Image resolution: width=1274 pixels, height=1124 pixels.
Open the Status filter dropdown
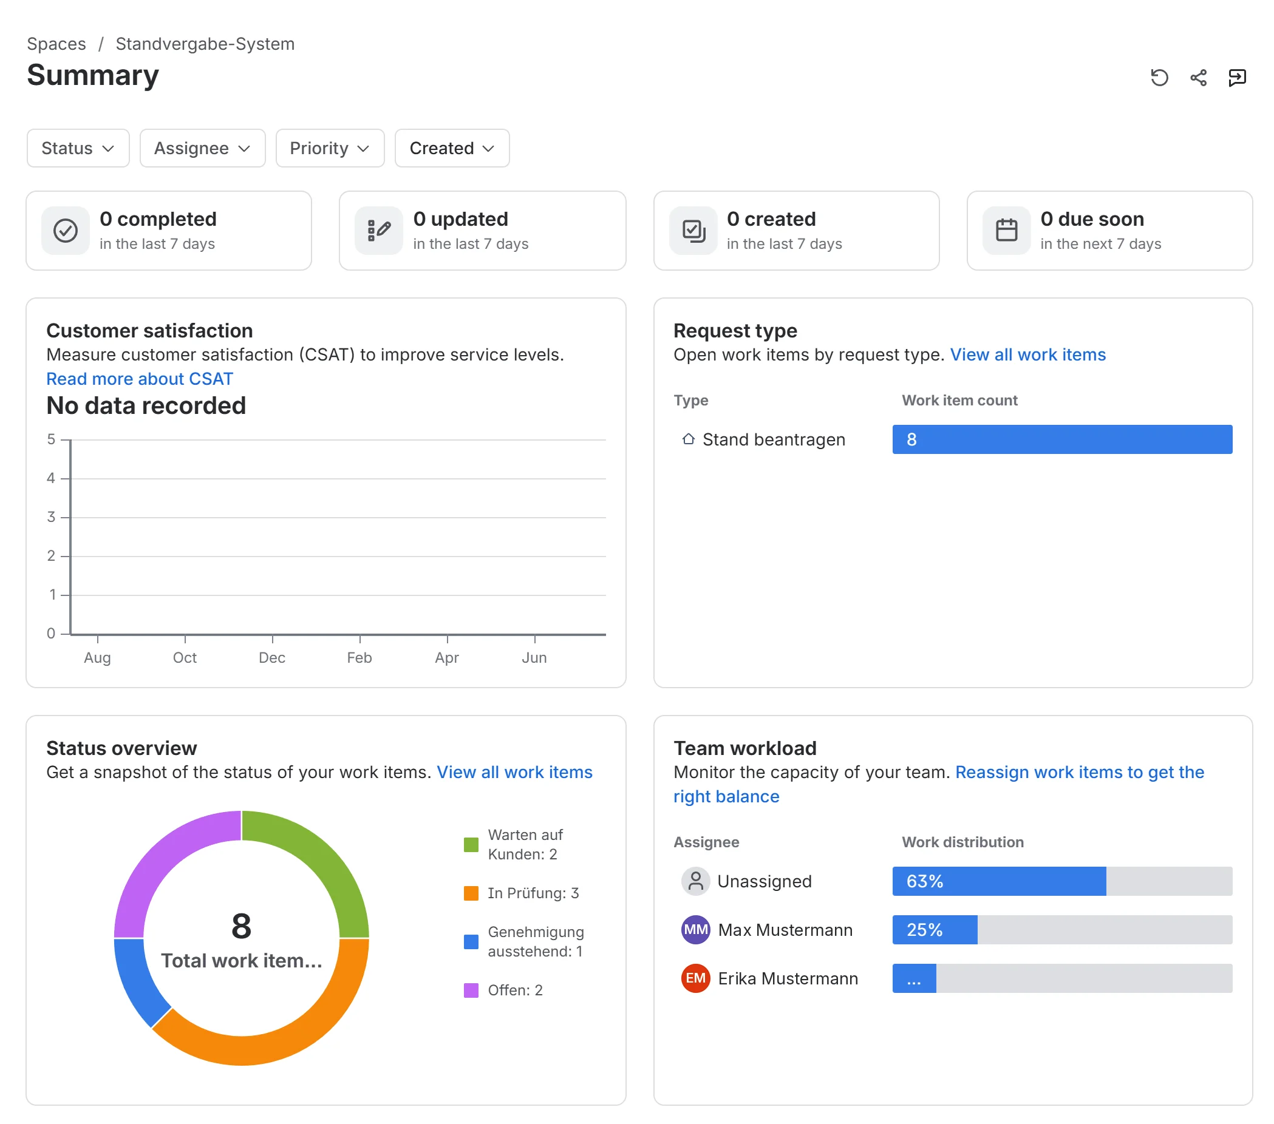[78, 148]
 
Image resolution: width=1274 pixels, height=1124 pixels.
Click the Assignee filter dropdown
[203, 148]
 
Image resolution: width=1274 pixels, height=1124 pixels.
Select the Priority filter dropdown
[330, 148]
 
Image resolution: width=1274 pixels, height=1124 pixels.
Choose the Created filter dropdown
[452, 148]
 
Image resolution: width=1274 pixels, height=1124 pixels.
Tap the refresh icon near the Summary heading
[1159, 77]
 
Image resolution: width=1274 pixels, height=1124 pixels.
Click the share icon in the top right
[1198, 77]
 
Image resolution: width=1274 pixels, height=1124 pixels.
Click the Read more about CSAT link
[140, 379]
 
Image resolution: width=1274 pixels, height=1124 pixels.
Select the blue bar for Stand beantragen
[1062, 439]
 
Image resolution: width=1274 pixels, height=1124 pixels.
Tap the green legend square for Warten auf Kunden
[471, 845]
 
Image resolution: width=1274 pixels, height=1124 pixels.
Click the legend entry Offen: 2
[515, 990]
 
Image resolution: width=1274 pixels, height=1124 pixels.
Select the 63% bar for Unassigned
[999, 881]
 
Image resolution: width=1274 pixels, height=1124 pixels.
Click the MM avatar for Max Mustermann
[695, 930]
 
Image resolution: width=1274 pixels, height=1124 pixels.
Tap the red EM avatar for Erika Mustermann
[695, 978]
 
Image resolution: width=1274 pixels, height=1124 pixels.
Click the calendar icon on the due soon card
[1006, 231]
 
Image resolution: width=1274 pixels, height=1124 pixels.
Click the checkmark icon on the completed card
[66, 231]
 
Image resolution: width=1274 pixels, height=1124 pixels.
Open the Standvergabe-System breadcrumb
[205, 44]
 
